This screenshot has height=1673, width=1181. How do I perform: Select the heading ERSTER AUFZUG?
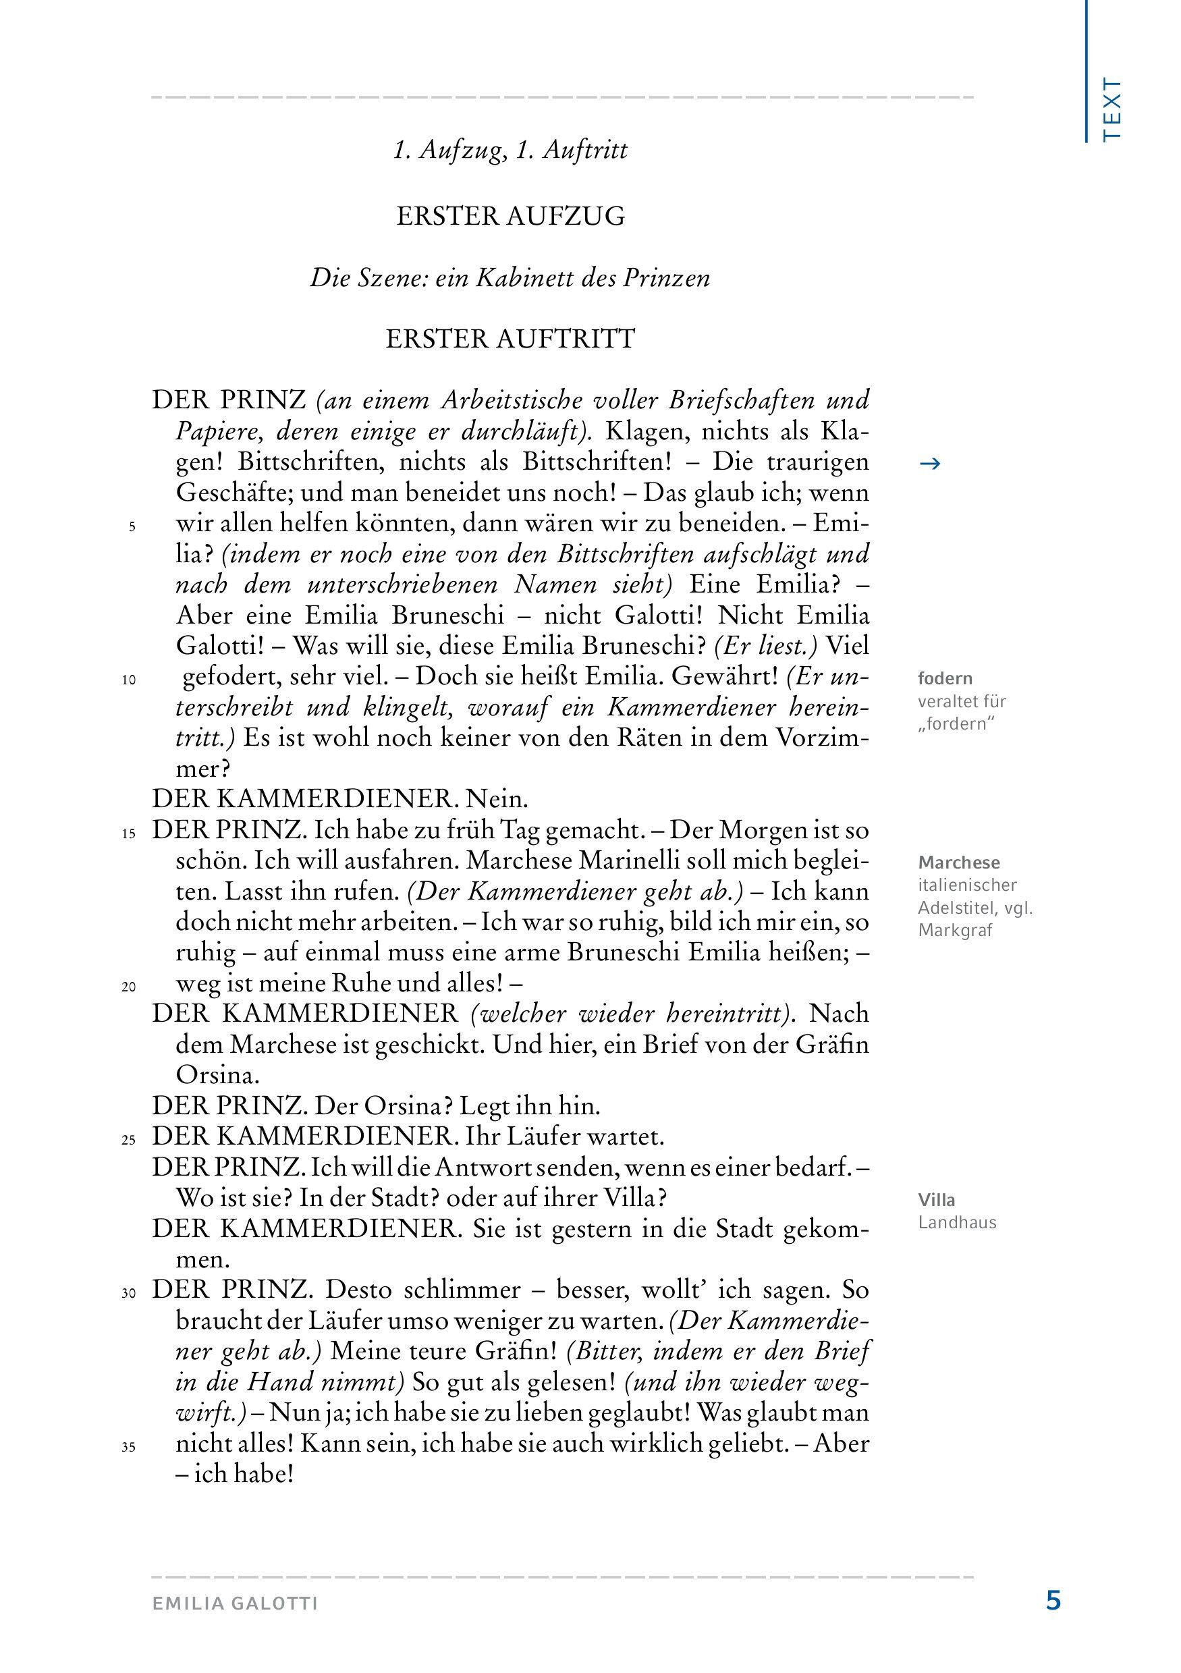510,217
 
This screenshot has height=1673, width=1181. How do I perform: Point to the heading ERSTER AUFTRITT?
510,339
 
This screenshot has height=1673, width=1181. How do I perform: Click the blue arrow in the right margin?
931,464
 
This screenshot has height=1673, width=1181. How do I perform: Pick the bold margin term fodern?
945,678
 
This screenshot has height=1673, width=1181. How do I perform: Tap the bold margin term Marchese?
959,862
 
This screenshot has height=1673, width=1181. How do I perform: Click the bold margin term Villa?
936,1200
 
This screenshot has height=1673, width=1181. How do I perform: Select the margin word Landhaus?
956,1223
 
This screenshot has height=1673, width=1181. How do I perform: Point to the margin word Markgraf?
955,931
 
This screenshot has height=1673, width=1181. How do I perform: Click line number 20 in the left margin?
129,987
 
